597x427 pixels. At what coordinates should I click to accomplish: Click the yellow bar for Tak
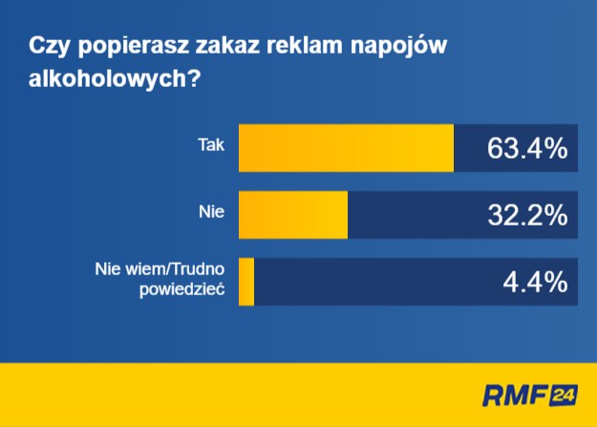346,148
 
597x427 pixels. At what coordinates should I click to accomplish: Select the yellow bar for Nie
293,215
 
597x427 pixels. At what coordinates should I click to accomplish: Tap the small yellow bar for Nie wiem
246,282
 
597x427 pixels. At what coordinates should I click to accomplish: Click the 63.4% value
527,148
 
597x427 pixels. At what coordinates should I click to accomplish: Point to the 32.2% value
527,215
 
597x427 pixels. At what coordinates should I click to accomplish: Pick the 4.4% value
535,282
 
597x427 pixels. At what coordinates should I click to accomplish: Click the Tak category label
211,145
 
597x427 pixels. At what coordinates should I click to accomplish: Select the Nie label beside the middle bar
211,212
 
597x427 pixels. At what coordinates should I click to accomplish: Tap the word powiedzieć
182,289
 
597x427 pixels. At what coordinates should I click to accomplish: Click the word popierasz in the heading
134,47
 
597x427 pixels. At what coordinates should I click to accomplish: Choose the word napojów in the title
398,47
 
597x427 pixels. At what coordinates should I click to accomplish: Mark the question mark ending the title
193,78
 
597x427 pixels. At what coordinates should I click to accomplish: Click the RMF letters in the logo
516,395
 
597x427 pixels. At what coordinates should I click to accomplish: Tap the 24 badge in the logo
564,395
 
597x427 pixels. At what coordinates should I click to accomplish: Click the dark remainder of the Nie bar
462,215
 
